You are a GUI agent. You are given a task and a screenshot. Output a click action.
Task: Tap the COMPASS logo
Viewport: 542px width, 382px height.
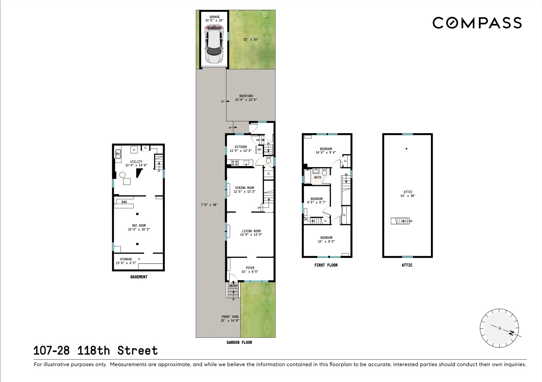[477, 23]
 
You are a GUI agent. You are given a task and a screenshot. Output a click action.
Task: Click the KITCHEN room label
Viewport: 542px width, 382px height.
[241, 147]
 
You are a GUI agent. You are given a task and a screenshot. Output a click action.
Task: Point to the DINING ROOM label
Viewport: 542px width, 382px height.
[245, 188]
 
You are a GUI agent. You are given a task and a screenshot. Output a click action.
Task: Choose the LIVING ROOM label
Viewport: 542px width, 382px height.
[251, 231]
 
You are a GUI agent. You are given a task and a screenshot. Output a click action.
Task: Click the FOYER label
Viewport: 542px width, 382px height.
[250, 268]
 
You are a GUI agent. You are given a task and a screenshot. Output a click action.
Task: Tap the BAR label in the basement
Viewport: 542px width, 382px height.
[124, 202]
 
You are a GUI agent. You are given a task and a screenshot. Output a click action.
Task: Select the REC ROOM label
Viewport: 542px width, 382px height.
[139, 226]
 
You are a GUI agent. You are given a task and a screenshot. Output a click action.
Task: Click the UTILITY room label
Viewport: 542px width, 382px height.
[136, 162]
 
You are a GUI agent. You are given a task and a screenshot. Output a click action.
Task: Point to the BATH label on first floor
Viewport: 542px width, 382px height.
[317, 177]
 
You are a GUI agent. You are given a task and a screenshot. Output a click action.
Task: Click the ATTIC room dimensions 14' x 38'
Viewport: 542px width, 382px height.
[408, 196]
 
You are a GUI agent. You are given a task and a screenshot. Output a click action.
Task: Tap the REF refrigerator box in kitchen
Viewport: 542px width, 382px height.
[259, 150]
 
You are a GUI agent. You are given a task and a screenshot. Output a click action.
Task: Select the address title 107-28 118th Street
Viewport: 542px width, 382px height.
[95, 350]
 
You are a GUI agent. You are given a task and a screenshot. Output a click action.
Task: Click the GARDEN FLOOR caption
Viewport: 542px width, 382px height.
[239, 342]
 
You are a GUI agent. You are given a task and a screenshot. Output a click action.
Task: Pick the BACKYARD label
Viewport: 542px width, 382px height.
[246, 96]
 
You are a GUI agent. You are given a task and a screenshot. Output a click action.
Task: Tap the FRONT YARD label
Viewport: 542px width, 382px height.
[230, 317]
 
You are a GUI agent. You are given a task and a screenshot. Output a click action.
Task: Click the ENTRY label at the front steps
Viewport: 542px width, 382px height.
[233, 286]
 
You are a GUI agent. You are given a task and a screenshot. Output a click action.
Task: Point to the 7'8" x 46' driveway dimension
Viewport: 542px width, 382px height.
[209, 205]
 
